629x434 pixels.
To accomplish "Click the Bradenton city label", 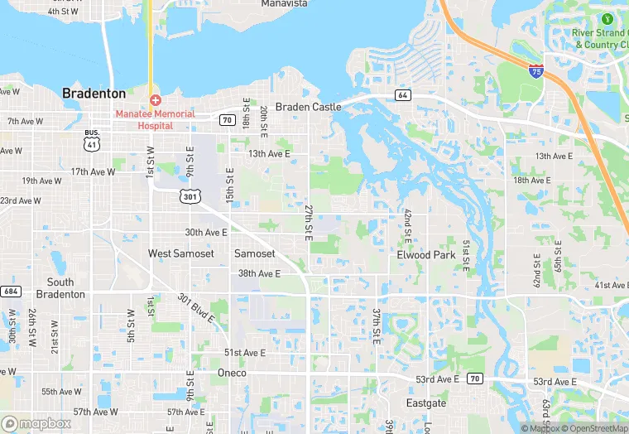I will pos(94,94).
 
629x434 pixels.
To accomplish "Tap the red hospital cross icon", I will pos(155,99).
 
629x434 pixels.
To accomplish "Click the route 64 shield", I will pos(403,95).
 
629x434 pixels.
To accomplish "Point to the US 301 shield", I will pos(190,195).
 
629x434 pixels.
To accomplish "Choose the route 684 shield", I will pos(11,292).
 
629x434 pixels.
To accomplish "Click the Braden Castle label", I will pos(308,107).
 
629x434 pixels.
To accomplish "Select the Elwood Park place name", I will pos(426,255).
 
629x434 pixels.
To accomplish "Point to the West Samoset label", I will pos(180,253).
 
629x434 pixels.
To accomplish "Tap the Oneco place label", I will pos(232,373).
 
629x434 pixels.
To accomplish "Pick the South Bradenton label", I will pos(60,288).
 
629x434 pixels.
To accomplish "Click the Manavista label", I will pos(284,4).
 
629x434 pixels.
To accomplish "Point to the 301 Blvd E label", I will pos(196,308).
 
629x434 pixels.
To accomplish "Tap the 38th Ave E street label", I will pos(259,273).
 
